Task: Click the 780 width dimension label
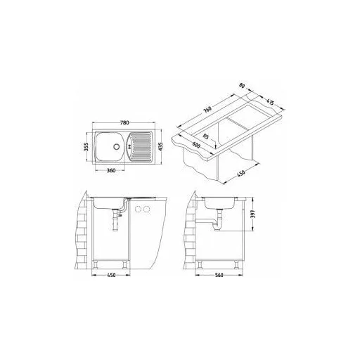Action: [x=124, y=122]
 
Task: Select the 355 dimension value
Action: [x=86, y=147]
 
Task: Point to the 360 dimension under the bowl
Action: [x=111, y=170]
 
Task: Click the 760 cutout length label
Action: [x=207, y=110]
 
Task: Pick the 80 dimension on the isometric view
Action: [x=242, y=86]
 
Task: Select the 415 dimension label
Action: [x=270, y=102]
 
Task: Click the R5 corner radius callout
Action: [x=205, y=136]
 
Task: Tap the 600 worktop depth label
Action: [x=196, y=146]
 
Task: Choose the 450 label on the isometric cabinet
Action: [x=241, y=173]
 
